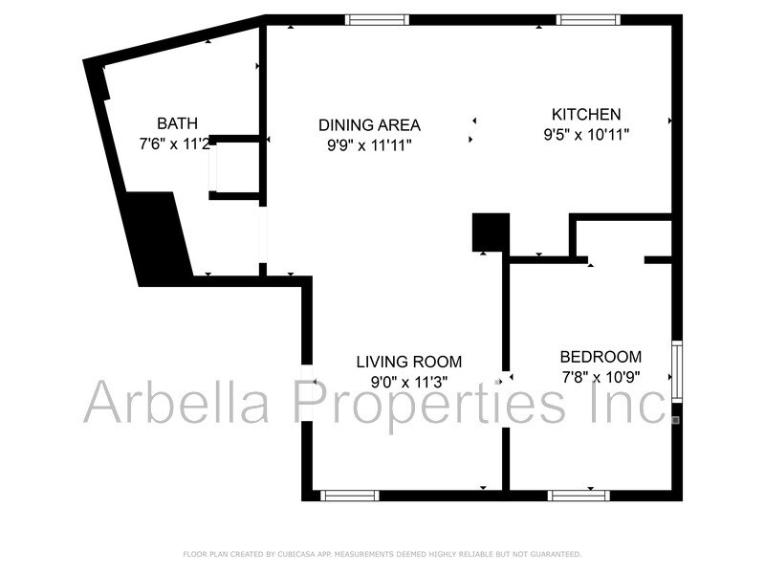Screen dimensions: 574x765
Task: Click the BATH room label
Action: pyautogui.click(x=178, y=122)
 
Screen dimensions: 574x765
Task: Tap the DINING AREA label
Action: pyautogui.click(x=369, y=124)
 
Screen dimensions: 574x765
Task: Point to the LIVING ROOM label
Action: pyautogui.click(x=408, y=362)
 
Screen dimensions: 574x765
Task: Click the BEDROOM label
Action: pyautogui.click(x=601, y=357)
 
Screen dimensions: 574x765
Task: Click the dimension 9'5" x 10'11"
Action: pyautogui.click(x=586, y=135)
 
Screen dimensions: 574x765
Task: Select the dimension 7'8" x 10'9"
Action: pyautogui.click(x=600, y=377)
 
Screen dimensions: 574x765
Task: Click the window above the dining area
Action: pyautogui.click(x=377, y=19)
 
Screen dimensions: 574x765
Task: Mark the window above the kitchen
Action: pyautogui.click(x=588, y=19)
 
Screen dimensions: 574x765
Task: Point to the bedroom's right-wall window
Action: pyautogui.click(x=677, y=370)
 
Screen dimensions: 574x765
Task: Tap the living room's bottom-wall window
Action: pyautogui.click(x=349, y=496)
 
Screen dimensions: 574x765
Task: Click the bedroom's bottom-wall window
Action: pyautogui.click(x=578, y=496)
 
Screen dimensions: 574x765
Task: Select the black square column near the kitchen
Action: pyautogui.click(x=491, y=232)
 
